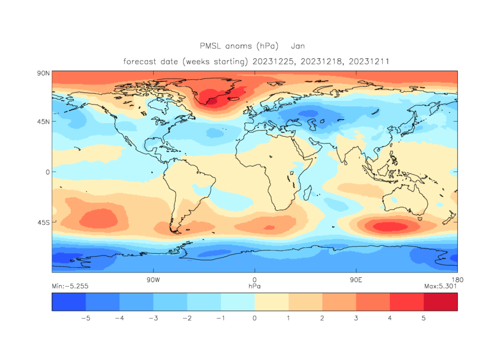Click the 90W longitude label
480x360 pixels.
pyautogui.click(x=153, y=280)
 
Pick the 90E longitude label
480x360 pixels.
pyautogui.click(x=356, y=280)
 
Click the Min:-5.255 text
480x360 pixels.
pyautogui.click(x=70, y=286)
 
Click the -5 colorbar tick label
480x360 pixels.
pyautogui.click(x=85, y=318)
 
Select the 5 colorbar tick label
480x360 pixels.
pyautogui.click(x=424, y=318)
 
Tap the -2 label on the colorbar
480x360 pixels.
pyautogui.click(x=187, y=318)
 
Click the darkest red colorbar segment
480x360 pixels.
pyautogui.click(x=440, y=303)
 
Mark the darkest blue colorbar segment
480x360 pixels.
pyautogui.click(x=68, y=303)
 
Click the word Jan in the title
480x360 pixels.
pyautogui.click(x=298, y=46)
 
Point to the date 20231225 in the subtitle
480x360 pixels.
pyautogui.click(x=277, y=61)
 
